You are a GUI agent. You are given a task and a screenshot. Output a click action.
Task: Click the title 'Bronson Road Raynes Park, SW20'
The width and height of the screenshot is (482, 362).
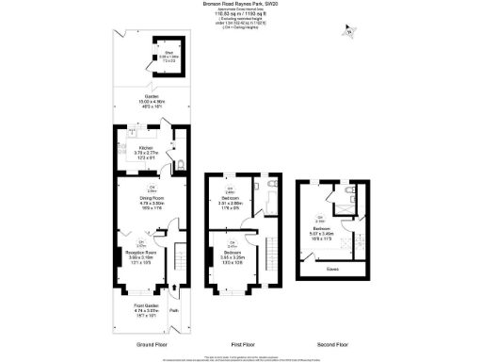pyautogui.click(x=241, y=4)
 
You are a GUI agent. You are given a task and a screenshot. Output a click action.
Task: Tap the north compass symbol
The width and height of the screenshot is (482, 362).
pyautogui.click(x=351, y=33)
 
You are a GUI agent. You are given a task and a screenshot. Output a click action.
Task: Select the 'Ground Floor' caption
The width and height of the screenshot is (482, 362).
pyautogui.click(x=151, y=344)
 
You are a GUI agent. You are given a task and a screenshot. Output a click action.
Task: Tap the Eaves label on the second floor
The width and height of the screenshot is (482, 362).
pyautogui.click(x=333, y=267)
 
